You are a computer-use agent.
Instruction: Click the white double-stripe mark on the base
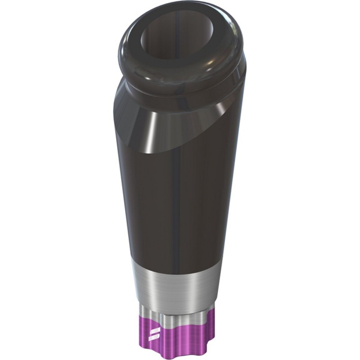pyautogui.click(x=152, y=334)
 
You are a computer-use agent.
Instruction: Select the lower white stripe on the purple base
pyautogui.click(x=152, y=337)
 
